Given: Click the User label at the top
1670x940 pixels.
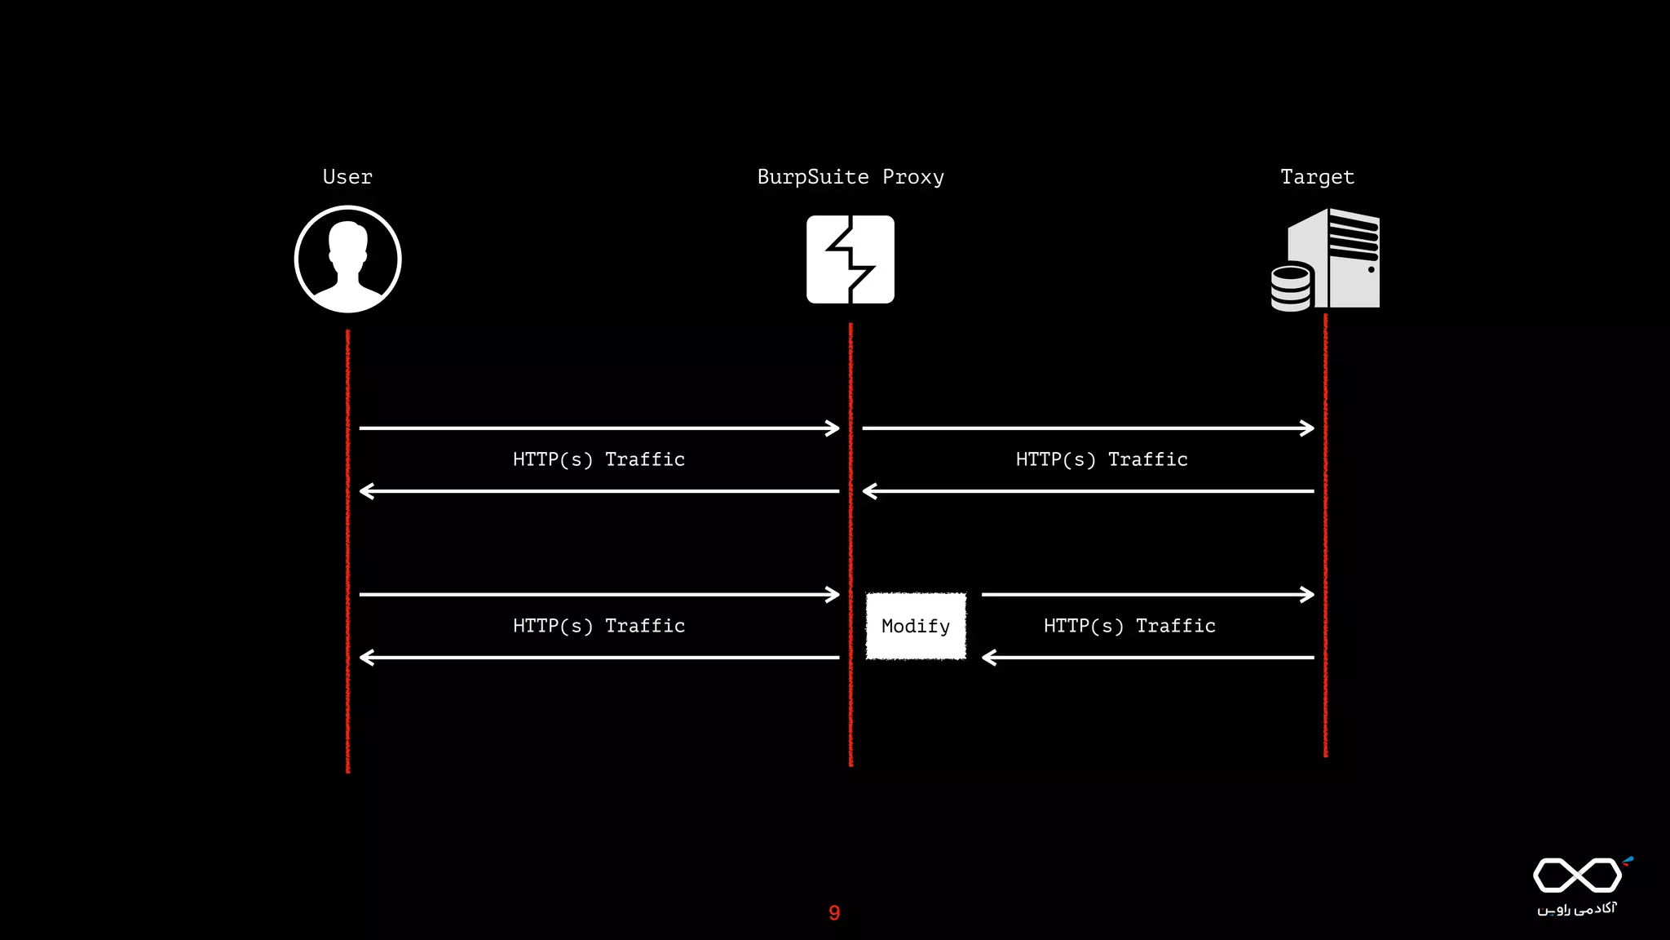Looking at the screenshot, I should [x=347, y=177].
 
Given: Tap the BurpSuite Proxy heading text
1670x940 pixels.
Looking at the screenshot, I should [x=850, y=177].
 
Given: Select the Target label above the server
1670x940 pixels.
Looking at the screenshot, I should [x=1317, y=177].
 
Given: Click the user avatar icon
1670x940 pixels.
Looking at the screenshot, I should [x=348, y=259].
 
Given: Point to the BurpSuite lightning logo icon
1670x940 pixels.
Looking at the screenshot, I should [x=850, y=259].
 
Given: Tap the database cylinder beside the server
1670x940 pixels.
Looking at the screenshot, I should [x=1291, y=288].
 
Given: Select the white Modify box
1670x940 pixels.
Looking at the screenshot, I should [x=916, y=626].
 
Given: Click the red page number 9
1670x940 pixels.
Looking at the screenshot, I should [x=834, y=913].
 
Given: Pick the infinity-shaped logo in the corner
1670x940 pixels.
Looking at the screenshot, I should [x=1578, y=876].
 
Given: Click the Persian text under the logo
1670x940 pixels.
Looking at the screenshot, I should [x=1577, y=909].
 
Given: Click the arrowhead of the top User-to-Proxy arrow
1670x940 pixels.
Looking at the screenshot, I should [x=833, y=428].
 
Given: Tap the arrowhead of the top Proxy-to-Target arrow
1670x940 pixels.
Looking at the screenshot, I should [x=1308, y=428].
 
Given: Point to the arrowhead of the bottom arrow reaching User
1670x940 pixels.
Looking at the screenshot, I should [x=366, y=658].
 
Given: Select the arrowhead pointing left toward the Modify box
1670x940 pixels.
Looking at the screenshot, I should [x=989, y=658].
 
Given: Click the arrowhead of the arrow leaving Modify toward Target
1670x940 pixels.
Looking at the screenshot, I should [x=1308, y=595].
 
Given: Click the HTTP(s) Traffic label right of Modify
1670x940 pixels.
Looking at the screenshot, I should [x=1129, y=626].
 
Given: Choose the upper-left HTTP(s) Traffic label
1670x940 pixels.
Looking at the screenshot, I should [x=599, y=459].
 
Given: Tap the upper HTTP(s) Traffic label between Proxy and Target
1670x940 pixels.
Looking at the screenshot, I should [x=1102, y=459].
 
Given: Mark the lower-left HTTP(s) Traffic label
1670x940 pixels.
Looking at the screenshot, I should [x=599, y=626].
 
